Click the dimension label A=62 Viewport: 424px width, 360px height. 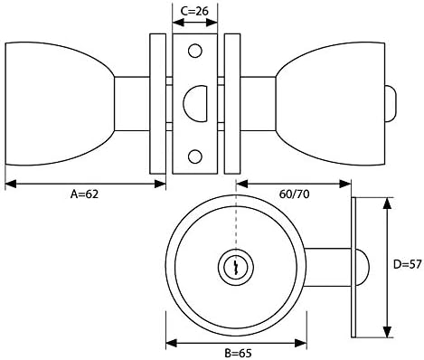(84, 194)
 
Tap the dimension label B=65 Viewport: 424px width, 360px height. (238, 353)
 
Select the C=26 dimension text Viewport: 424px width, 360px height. (194, 11)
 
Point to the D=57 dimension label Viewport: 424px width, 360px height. (408, 264)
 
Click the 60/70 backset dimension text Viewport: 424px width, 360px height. (294, 194)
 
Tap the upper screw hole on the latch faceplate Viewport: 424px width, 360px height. (195, 51)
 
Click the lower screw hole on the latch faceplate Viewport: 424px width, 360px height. (195, 156)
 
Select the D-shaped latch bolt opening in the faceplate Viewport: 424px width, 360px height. (195, 104)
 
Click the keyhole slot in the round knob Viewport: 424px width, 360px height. (236, 267)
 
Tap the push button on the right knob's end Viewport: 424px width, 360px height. (391, 104)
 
